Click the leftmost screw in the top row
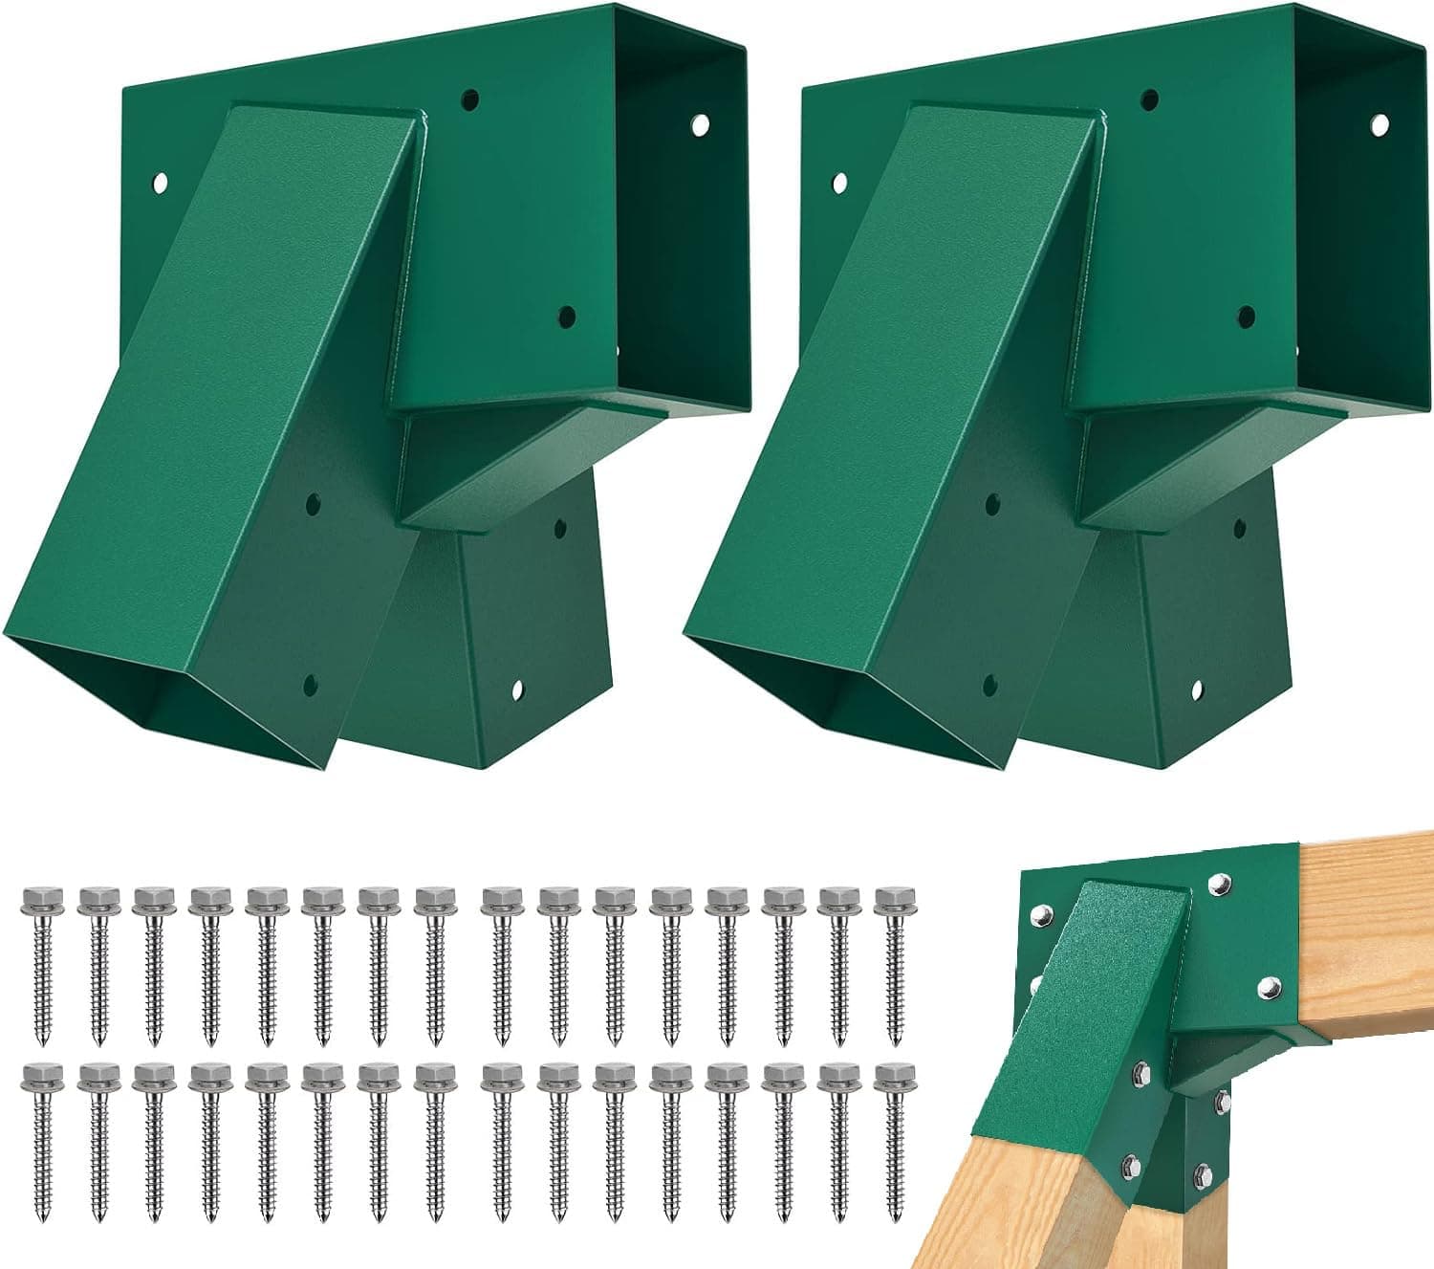point(39,961)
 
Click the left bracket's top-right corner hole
point(702,124)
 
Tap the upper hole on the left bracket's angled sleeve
point(313,500)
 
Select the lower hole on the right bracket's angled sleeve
point(990,684)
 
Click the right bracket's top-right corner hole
point(1379,123)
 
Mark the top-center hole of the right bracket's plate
point(1149,98)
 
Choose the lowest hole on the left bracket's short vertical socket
point(517,687)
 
